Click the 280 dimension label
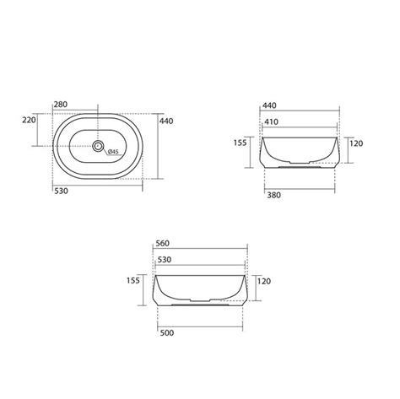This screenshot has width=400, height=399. (x=62, y=105)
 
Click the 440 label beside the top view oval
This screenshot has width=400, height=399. (x=165, y=121)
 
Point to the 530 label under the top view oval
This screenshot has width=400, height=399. (x=62, y=191)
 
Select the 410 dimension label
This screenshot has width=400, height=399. (x=271, y=121)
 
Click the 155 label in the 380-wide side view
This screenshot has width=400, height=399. (x=240, y=144)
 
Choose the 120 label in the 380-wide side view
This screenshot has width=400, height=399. (x=355, y=144)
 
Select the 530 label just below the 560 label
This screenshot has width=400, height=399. (x=164, y=261)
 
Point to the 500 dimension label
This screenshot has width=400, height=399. (x=165, y=332)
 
